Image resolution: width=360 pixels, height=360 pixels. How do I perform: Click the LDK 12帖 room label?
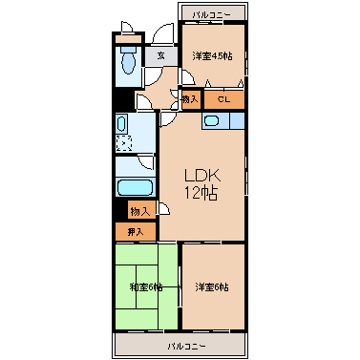(202, 184)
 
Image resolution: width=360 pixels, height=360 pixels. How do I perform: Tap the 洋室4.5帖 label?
(212, 56)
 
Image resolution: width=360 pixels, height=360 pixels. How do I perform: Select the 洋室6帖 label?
(211, 287)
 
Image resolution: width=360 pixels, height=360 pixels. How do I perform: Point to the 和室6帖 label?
(146, 287)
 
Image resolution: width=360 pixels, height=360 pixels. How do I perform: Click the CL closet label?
(223, 99)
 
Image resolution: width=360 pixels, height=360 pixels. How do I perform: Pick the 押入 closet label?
(136, 232)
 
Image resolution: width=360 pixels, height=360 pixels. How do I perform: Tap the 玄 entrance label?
(161, 56)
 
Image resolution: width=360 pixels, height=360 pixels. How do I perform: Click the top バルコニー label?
(211, 14)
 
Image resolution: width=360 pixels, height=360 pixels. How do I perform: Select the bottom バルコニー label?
(187, 346)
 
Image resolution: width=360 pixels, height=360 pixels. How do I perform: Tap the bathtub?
(135, 188)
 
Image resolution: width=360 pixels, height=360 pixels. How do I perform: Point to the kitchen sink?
(211, 121)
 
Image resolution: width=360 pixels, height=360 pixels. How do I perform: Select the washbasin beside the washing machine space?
(121, 124)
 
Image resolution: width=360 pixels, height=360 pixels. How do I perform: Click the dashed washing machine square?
(124, 143)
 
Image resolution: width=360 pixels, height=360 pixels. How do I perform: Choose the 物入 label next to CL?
(191, 99)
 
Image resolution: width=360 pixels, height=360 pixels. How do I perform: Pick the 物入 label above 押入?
(139, 211)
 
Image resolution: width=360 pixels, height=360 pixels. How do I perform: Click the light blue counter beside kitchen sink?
(237, 121)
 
